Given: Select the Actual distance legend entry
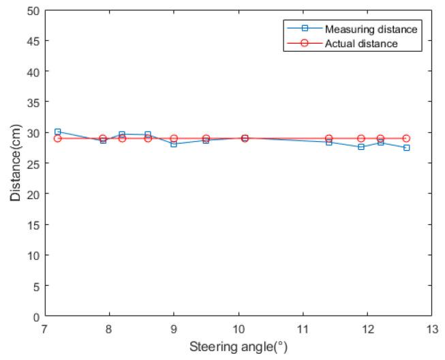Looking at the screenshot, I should click(361, 43).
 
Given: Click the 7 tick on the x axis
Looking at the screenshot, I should click(45, 328).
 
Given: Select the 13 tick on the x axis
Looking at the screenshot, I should click(431, 328).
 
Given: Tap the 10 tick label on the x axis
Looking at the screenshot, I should click(238, 328).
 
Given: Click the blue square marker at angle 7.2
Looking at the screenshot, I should click(58, 132).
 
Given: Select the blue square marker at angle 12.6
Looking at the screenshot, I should click(406, 147).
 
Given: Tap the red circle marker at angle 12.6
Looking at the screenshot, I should click(406, 138).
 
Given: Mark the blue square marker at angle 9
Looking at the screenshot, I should click(174, 144).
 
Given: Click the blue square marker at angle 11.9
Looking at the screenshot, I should click(361, 147).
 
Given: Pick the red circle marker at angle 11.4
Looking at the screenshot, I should click(328, 138).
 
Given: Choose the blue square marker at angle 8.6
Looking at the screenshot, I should click(148, 135).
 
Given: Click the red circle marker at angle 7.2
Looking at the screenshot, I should click(58, 138).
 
